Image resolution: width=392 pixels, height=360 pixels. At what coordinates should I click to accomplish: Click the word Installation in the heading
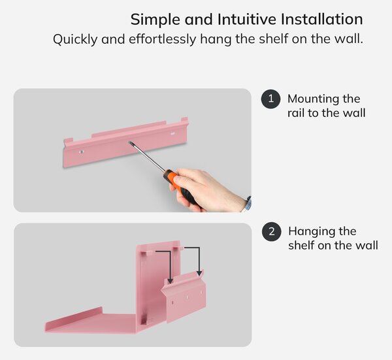click(321, 19)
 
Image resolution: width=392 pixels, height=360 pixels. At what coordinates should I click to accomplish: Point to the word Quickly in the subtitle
click(75, 39)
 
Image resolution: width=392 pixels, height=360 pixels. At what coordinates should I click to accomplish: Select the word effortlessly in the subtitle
click(163, 39)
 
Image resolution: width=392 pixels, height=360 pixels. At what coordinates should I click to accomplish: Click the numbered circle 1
click(270, 99)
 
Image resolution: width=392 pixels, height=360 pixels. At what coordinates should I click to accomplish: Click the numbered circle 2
click(272, 231)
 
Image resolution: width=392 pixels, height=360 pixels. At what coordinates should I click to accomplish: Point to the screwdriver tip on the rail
click(129, 142)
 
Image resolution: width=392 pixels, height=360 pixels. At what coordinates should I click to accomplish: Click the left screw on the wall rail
click(81, 152)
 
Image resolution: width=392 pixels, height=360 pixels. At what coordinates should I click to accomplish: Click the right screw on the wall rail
click(172, 133)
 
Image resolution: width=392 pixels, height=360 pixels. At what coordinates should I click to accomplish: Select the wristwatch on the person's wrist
click(248, 203)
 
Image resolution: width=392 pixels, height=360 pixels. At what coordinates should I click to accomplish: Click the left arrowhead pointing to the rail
click(170, 281)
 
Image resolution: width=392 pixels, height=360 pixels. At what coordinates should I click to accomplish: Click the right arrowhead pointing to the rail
click(199, 273)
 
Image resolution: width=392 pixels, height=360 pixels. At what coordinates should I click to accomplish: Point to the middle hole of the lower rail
click(188, 297)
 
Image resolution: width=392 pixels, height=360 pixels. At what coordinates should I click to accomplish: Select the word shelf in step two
click(301, 245)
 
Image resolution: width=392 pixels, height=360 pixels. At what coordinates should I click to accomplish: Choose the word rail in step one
click(295, 113)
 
